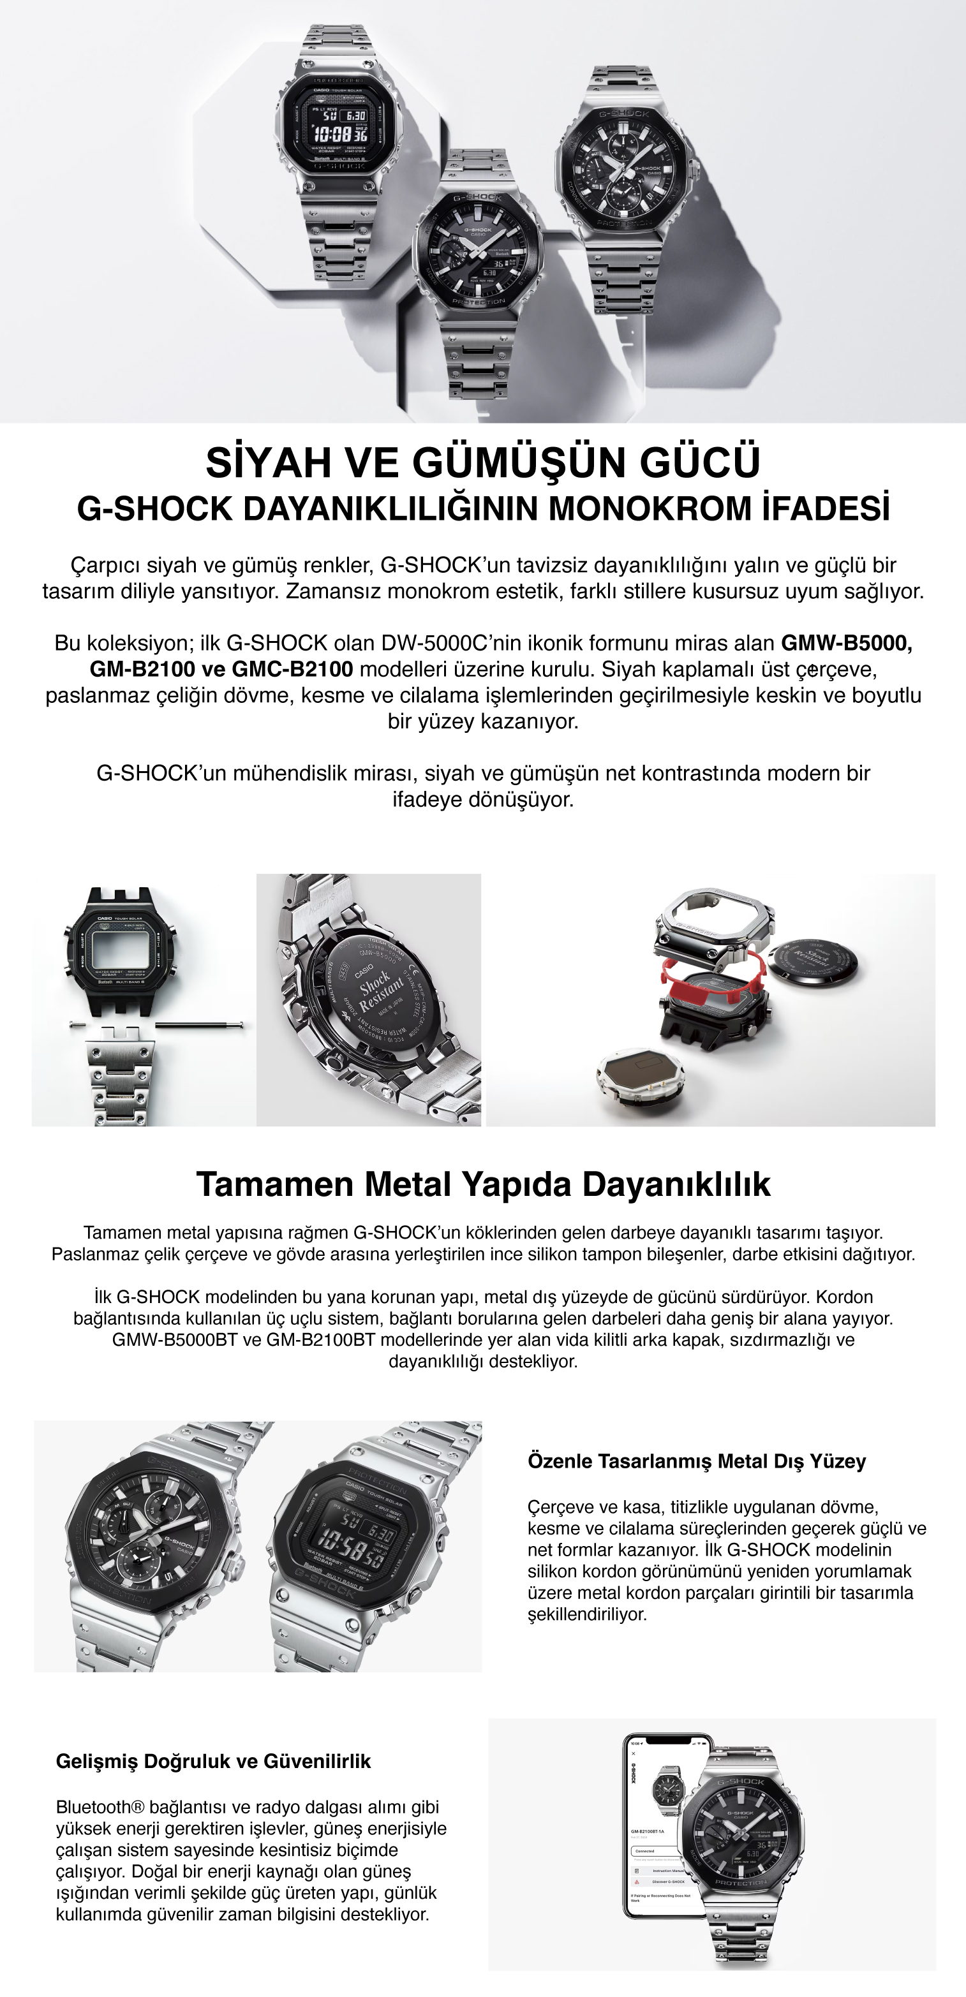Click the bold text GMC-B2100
point(292,669)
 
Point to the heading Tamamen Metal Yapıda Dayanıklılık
point(483,1184)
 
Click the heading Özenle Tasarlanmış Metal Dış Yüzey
point(696,1461)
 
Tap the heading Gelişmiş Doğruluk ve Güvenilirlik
point(213,1762)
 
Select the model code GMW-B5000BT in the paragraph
point(174,1339)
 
